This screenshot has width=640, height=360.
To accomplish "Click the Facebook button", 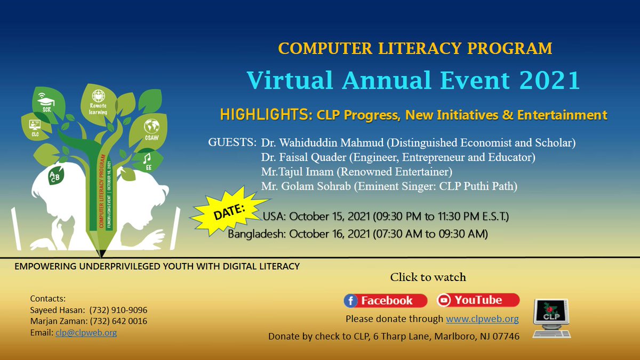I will (x=385, y=301).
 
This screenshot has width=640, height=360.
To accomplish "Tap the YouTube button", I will (x=477, y=300).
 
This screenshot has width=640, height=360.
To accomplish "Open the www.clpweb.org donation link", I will (x=482, y=319).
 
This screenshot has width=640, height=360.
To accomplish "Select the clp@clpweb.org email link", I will (x=86, y=332).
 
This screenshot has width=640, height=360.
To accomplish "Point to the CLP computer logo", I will (x=551, y=318).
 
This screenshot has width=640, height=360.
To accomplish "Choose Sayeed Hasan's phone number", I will (x=118, y=310).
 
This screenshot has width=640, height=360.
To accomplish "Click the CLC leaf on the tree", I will (x=35, y=128).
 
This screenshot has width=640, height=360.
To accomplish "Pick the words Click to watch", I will (x=428, y=277).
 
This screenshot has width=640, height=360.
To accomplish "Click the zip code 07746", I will (x=505, y=337).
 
